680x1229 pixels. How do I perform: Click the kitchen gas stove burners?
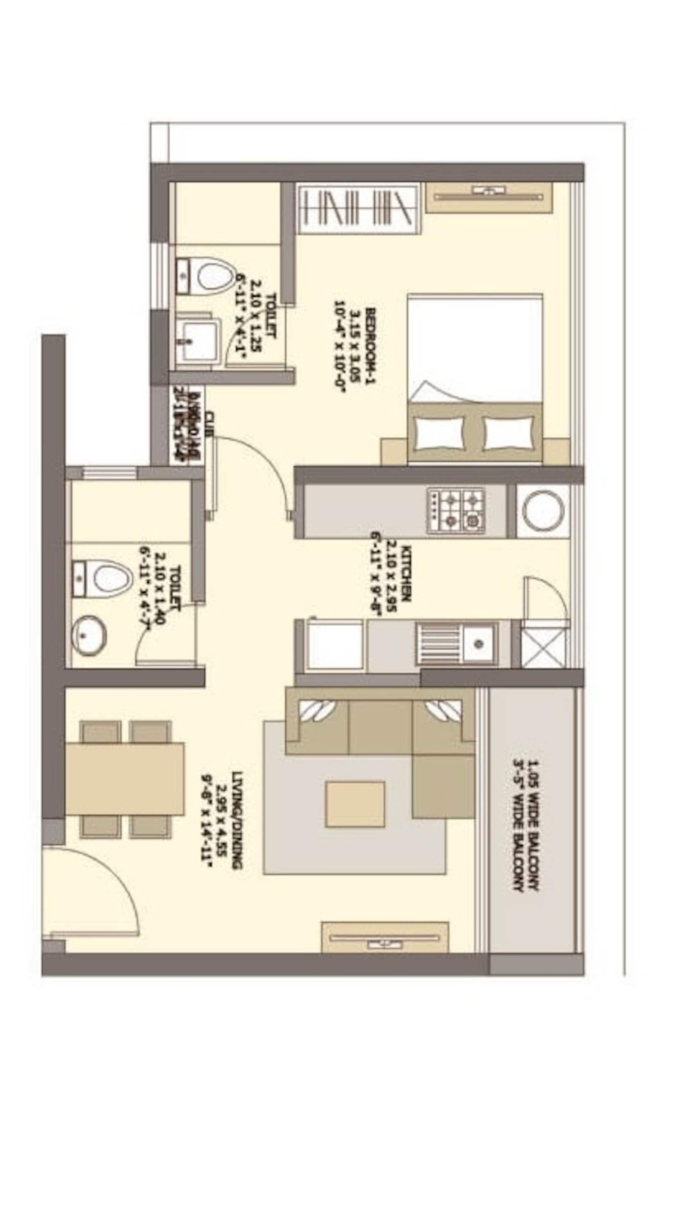point(456,511)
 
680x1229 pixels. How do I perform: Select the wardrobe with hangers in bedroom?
point(358,209)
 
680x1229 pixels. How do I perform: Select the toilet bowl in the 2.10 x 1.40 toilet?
point(111,579)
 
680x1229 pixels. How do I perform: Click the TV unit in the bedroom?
point(489,196)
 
